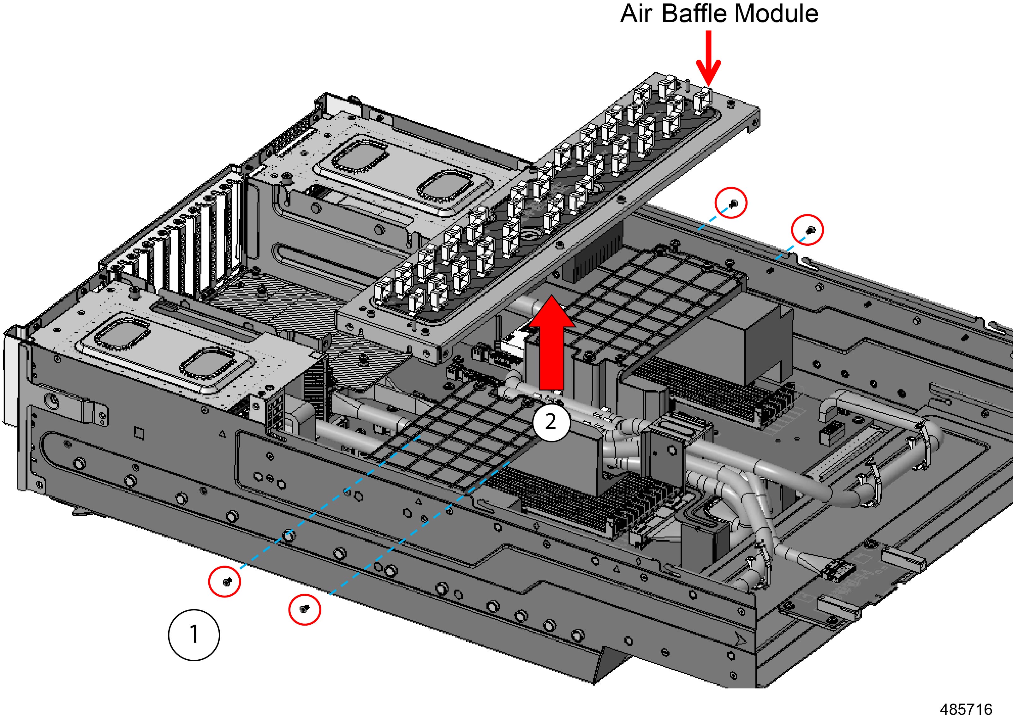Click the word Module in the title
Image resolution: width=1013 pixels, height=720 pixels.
(776, 14)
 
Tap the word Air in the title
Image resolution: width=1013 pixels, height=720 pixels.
(636, 14)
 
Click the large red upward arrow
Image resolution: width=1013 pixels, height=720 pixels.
(552, 341)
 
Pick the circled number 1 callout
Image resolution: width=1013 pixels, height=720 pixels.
(194, 635)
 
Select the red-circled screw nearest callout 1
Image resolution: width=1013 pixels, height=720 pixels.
(225, 582)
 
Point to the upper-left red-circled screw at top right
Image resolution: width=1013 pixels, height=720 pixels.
(731, 203)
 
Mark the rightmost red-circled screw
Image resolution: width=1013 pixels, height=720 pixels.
(808, 230)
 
